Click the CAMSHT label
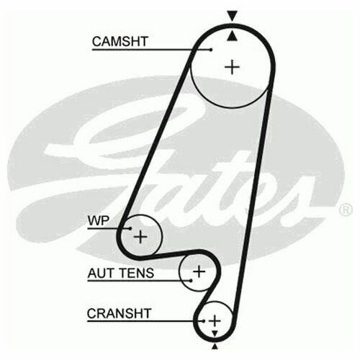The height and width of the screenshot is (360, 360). click(120, 41)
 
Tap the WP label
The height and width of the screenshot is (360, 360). click(99, 220)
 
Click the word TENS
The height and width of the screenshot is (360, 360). click(137, 273)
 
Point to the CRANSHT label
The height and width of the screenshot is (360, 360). click(119, 313)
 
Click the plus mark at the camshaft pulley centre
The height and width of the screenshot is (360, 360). click(232, 67)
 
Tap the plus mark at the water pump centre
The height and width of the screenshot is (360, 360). click(140, 237)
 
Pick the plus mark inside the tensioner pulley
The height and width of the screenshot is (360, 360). click(199, 271)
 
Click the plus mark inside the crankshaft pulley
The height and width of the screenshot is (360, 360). click(215, 320)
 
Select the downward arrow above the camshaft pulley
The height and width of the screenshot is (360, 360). click(233, 16)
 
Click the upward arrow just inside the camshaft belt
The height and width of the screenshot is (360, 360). click(232, 37)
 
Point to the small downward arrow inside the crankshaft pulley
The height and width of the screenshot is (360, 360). click(215, 333)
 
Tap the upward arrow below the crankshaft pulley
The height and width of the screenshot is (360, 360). click(215, 346)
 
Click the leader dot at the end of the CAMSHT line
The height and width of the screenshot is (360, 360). click(211, 50)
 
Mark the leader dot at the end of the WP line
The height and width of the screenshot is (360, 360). click(130, 228)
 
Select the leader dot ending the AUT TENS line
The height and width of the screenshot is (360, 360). click(191, 280)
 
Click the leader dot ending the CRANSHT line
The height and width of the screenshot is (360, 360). click(204, 321)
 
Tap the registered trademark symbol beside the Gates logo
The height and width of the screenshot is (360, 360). click(346, 210)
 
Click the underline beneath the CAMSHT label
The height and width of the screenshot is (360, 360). click(151, 50)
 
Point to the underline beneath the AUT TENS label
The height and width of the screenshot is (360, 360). click(139, 280)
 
